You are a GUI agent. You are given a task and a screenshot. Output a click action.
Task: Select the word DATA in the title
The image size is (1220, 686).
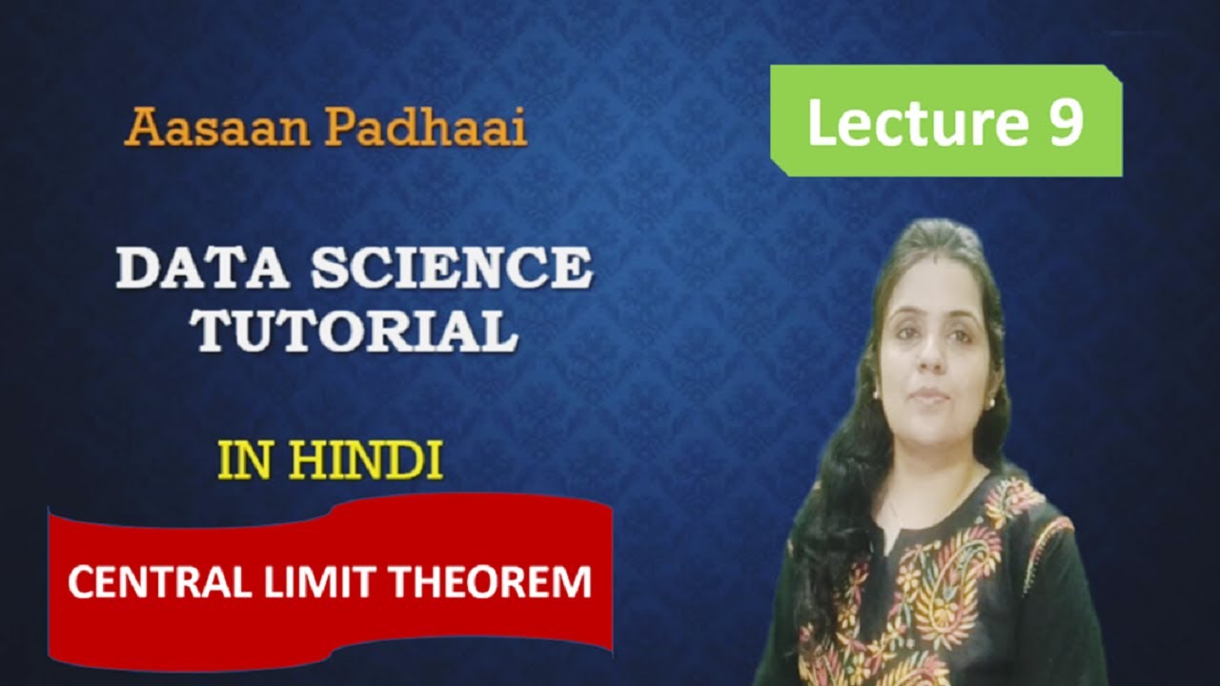click(206, 271)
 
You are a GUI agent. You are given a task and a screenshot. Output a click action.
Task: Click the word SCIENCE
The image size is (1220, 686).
click(454, 271)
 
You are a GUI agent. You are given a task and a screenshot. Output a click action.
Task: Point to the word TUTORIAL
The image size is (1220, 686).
click(354, 331)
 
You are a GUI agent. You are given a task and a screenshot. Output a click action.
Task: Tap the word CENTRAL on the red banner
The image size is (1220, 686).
click(149, 581)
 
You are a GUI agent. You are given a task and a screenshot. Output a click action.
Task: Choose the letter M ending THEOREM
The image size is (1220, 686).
click(572, 581)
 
